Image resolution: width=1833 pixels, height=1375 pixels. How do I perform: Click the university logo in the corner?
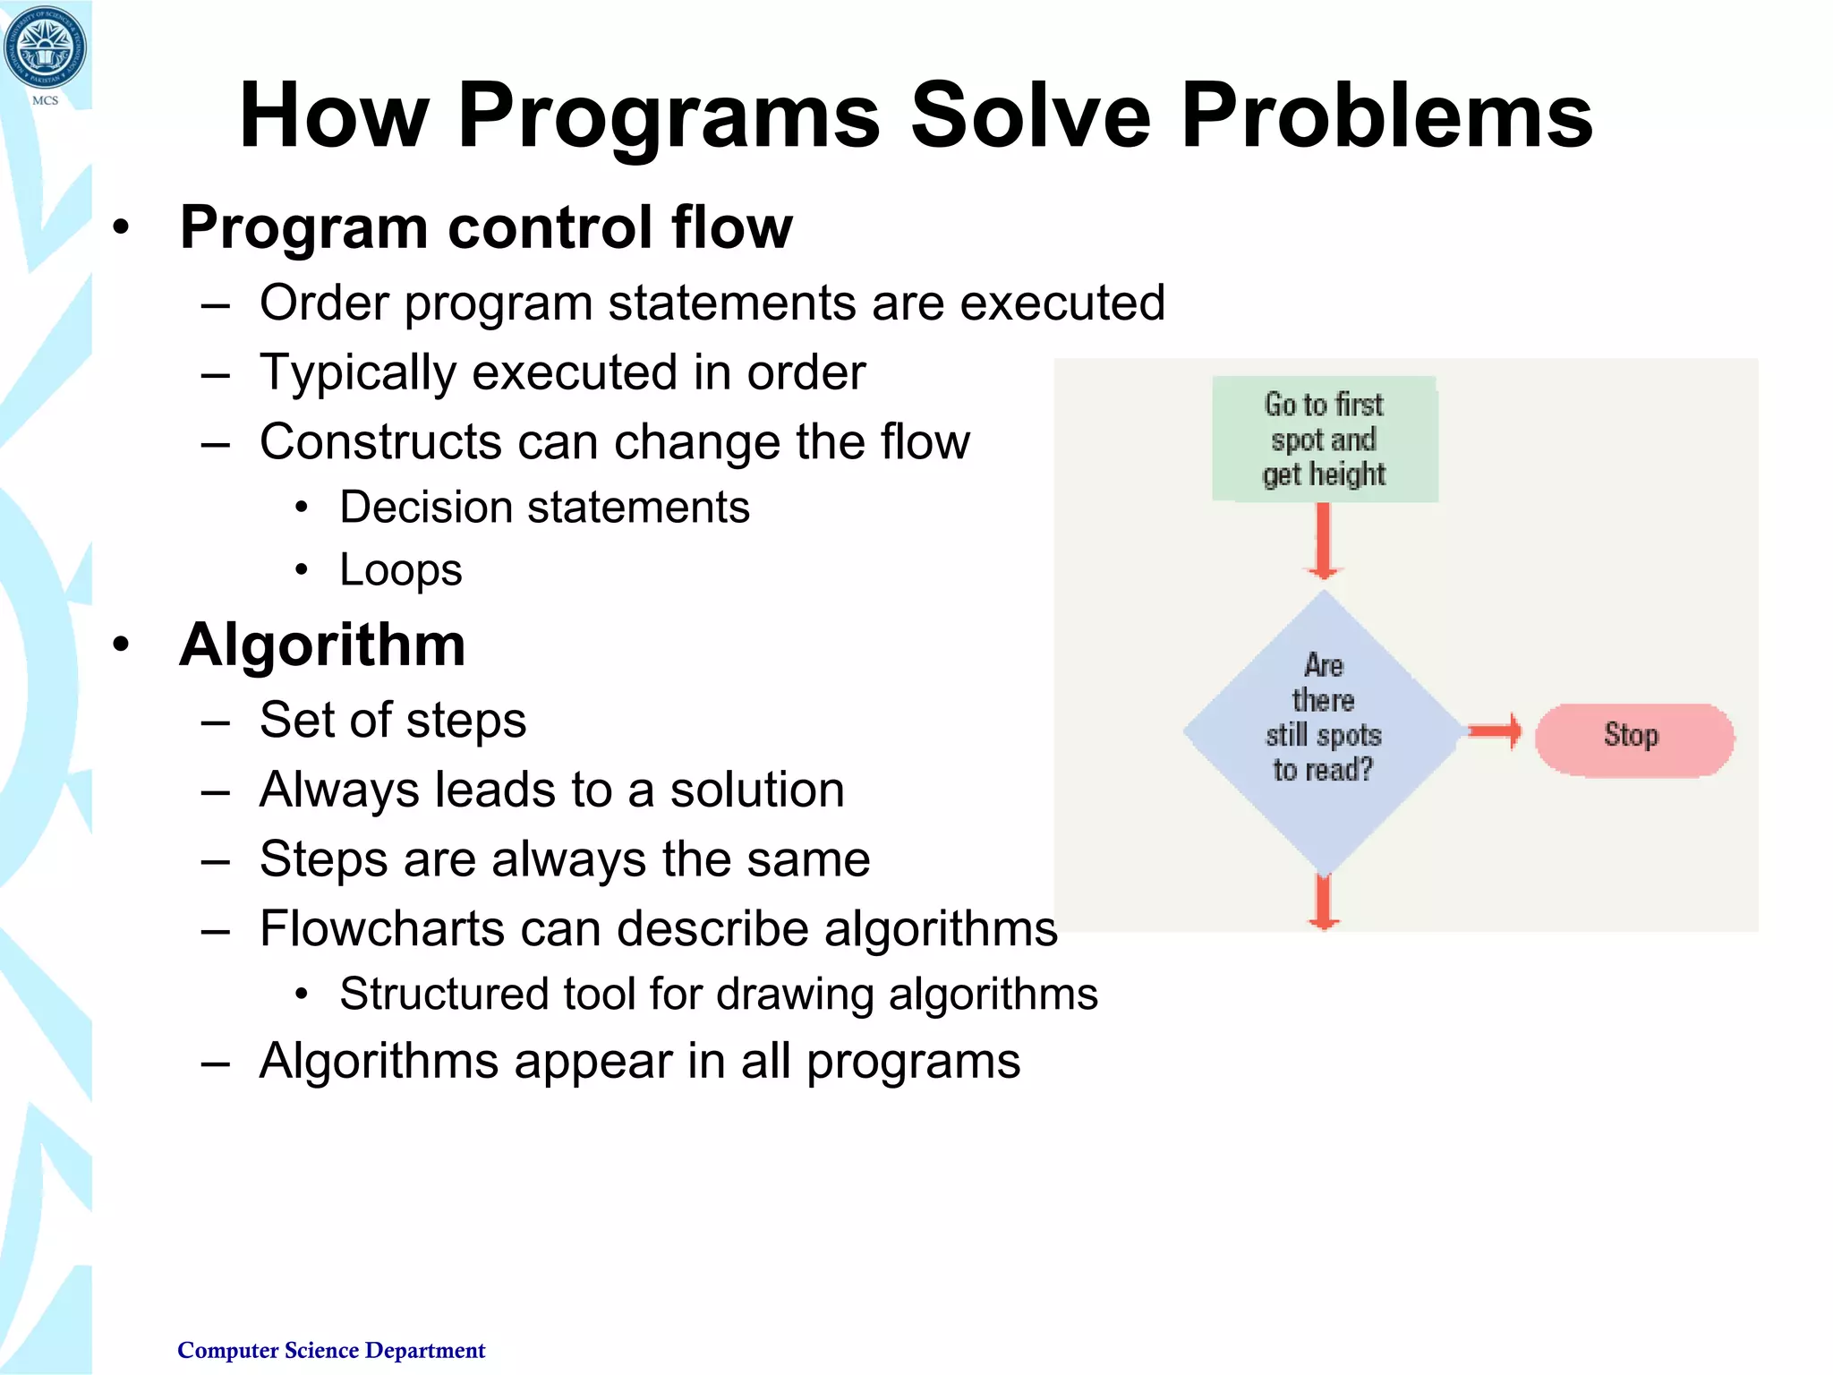45,47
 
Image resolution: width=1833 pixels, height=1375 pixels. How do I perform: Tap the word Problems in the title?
1386,116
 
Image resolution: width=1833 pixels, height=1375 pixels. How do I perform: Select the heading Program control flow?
485,227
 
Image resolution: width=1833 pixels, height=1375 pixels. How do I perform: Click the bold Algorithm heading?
322,645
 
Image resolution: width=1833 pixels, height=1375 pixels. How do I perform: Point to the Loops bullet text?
400,570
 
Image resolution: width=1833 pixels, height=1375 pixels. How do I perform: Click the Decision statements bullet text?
544,508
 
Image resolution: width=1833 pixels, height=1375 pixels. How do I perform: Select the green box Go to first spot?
1324,439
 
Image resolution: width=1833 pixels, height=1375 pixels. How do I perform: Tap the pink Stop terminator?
1633,739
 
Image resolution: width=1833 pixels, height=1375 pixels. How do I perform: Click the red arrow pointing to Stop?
1494,731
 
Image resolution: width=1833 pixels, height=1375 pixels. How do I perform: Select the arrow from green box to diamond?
1323,540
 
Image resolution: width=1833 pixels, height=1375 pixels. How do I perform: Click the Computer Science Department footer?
331,1350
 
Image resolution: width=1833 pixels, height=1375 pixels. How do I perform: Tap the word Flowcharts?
381,928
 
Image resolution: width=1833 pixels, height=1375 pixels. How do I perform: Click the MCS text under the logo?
45,100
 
